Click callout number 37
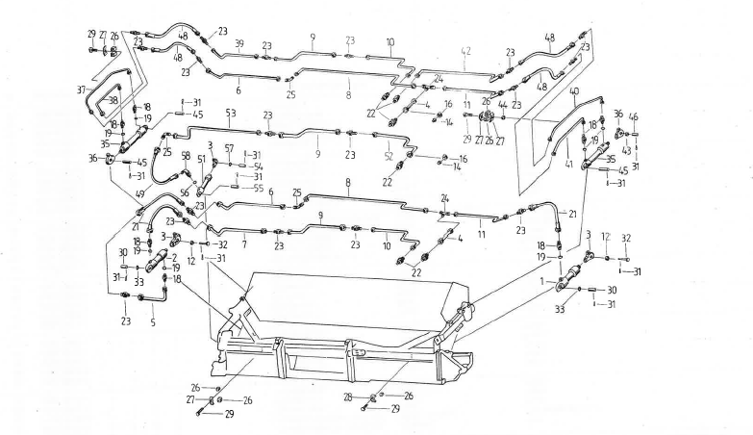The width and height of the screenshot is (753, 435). pyautogui.click(x=84, y=89)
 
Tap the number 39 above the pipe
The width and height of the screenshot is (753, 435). pyautogui.click(x=238, y=43)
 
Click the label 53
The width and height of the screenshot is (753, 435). pyautogui.click(x=230, y=113)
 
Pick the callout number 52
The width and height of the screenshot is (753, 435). pyautogui.click(x=387, y=156)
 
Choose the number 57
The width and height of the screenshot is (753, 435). pyautogui.click(x=229, y=147)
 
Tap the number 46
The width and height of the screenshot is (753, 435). pyautogui.click(x=633, y=116)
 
